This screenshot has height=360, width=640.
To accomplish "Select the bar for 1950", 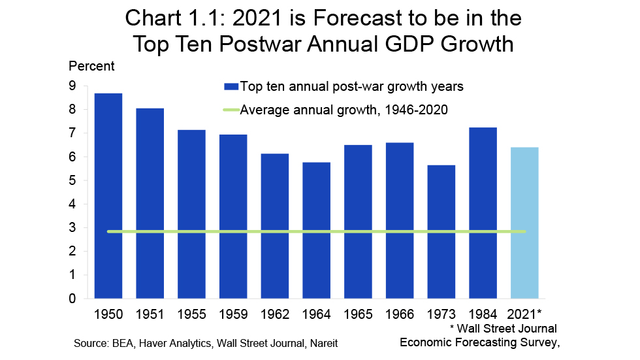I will tap(108, 196).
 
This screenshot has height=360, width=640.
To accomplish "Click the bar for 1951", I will tap(150, 203).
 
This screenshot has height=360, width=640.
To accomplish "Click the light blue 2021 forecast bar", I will tap(524, 223).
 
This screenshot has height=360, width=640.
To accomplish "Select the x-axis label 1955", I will tap(191, 314).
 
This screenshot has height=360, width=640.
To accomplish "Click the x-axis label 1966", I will tap(399, 314).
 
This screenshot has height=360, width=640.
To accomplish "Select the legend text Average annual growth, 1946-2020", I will tap(344, 110).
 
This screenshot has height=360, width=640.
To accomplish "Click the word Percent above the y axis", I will tap(91, 66).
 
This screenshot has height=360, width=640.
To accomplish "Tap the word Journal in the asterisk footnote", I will tap(535, 329).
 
